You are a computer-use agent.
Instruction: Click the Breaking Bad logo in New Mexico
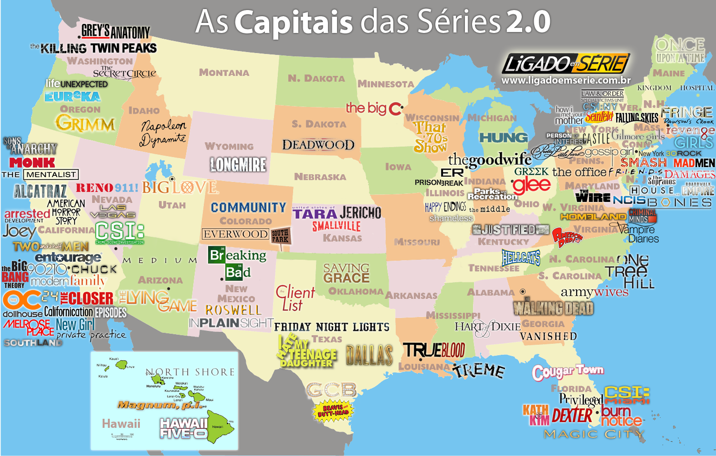click(x=237, y=264)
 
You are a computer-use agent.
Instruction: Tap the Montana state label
click(x=224, y=73)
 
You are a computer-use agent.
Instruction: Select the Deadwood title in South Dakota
click(x=318, y=145)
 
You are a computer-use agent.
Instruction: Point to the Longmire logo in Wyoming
click(x=238, y=165)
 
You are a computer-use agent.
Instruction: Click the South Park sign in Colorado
click(x=280, y=236)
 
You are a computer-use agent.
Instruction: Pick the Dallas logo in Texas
click(x=369, y=355)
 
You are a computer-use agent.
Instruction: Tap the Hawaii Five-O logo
click(x=184, y=428)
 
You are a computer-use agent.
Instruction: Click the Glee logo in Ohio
click(x=531, y=185)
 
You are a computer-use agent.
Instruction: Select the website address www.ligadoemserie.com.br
click(x=566, y=81)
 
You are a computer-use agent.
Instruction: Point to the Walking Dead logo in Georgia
click(x=553, y=308)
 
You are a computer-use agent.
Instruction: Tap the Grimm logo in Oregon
click(x=85, y=124)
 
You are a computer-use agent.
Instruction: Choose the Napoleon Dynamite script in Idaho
click(x=163, y=133)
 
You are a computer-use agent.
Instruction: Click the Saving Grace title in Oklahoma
click(x=346, y=273)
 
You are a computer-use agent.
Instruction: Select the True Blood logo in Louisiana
click(x=434, y=350)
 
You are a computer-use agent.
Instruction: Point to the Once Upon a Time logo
click(x=680, y=51)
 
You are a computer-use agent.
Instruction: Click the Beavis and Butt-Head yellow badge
click(x=333, y=411)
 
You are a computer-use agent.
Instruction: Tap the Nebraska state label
click(x=320, y=177)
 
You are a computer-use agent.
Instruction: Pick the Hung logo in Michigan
click(x=503, y=138)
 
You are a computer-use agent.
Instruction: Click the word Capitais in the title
click(x=294, y=22)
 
